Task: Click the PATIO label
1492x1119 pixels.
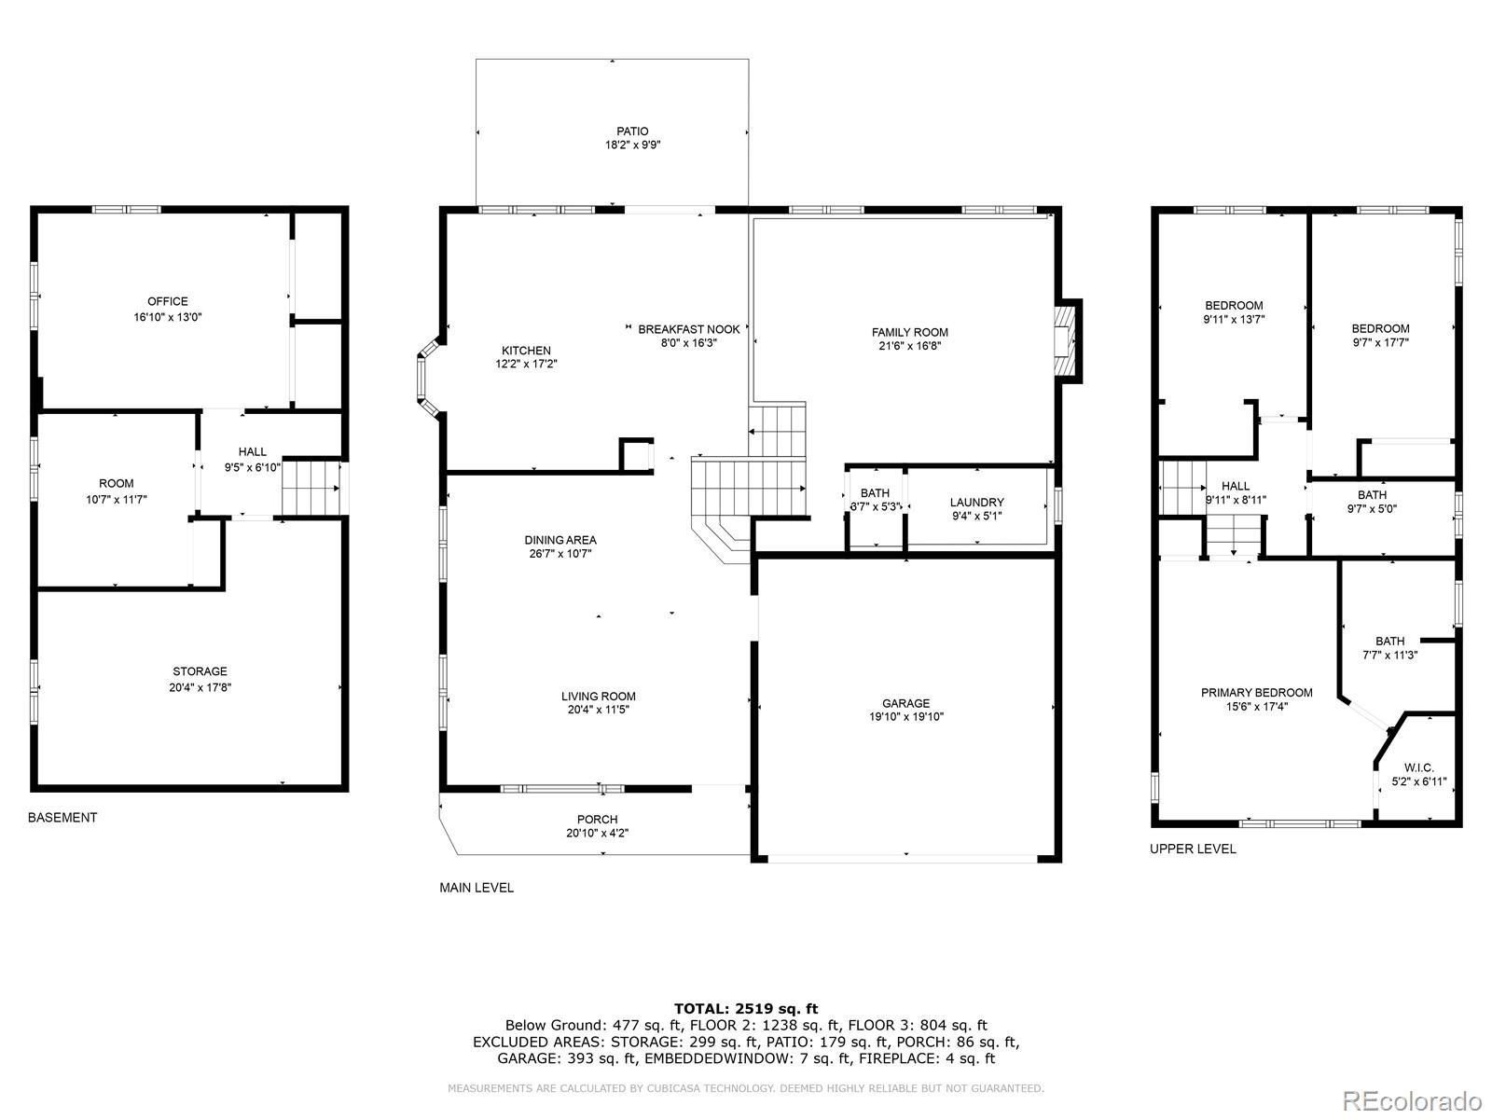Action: [x=632, y=131]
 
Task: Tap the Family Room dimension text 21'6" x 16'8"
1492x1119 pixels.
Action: [x=909, y=346]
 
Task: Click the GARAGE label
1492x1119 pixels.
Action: [x=905, y=703]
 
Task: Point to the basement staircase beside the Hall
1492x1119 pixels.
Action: [x=311, y=488]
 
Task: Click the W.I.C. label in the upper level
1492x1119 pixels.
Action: [x=1418, y=767]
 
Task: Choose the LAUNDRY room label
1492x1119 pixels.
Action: [x=976, y=502]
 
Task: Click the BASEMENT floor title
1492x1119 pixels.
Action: [x=62, y=818]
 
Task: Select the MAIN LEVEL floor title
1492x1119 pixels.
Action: [x=477, y=888]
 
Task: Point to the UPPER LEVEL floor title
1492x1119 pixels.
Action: [x=1193, y=849]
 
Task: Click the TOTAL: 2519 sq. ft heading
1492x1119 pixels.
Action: [x=746, y=1008]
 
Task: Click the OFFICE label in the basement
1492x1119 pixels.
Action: [x=168, y=301]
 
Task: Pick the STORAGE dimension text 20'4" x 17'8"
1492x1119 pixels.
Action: [x=200, y=687]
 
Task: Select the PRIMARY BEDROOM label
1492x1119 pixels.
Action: [x=1256, y=692]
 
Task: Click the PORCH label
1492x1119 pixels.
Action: [x=598, y=820]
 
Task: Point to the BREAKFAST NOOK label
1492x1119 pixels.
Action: [x=688, y=329]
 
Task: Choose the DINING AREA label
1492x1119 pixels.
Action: [x=560, y=540]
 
